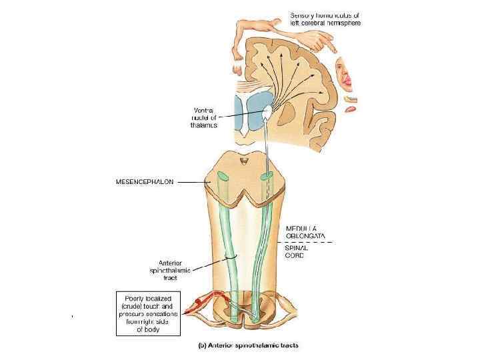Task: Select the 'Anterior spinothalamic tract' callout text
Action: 174,271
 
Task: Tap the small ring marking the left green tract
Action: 230,256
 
